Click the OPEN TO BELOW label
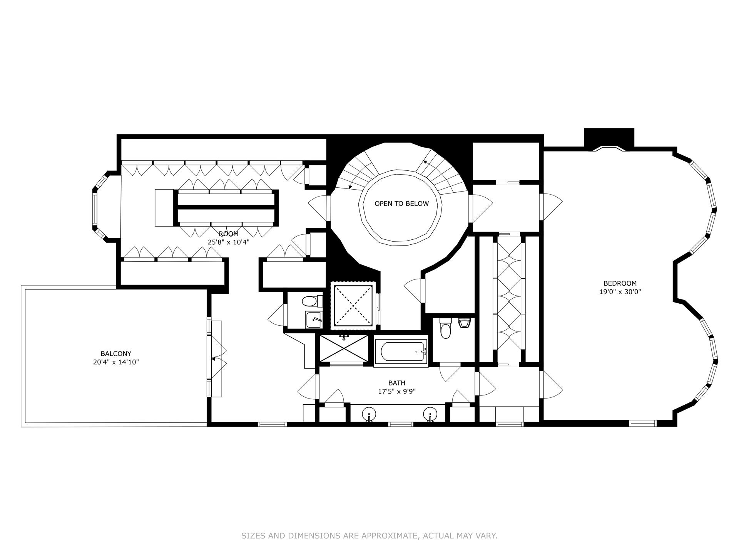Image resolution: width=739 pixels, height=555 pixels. [401, 203]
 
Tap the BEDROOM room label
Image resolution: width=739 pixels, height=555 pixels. [620, 283]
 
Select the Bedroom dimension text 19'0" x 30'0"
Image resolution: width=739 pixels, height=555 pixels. [620, 292]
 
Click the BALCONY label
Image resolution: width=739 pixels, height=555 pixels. [116, 353]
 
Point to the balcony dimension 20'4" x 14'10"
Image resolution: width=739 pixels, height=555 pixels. [116, 362]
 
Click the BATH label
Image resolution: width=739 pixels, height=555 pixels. [396, 383]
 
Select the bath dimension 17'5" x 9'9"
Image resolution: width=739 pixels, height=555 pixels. [396, 392]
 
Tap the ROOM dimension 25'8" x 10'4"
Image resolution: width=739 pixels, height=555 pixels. [229, 242]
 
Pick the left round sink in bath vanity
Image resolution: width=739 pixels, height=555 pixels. [368, 414]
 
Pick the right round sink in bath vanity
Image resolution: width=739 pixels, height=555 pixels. [430, 414]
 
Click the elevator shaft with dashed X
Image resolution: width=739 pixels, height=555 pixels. [353, 306]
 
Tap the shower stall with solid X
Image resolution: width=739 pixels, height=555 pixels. [344, 348]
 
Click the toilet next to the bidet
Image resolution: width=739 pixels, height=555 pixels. [445, 328]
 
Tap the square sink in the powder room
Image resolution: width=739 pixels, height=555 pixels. [314, 320]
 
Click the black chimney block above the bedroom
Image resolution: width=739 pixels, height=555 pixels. [609, 137]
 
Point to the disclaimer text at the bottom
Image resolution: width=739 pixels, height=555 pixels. [369, 536]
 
